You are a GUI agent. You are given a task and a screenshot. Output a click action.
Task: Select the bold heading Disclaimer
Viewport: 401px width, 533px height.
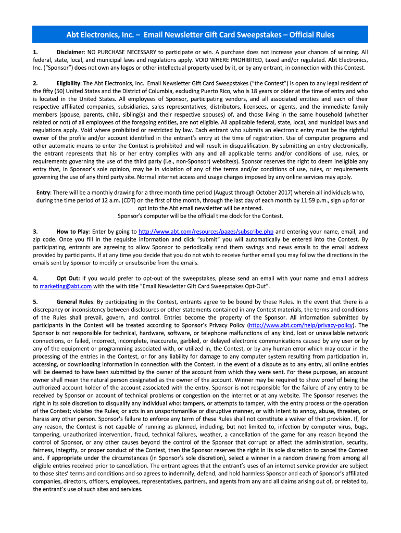[70, 53]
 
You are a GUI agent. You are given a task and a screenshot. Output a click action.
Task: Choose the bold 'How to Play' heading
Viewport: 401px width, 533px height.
[72, 231]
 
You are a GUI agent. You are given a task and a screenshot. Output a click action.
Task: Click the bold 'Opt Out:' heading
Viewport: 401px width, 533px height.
[68, 278]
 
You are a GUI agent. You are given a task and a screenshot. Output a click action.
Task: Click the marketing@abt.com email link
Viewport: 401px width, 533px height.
[66, 286]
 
